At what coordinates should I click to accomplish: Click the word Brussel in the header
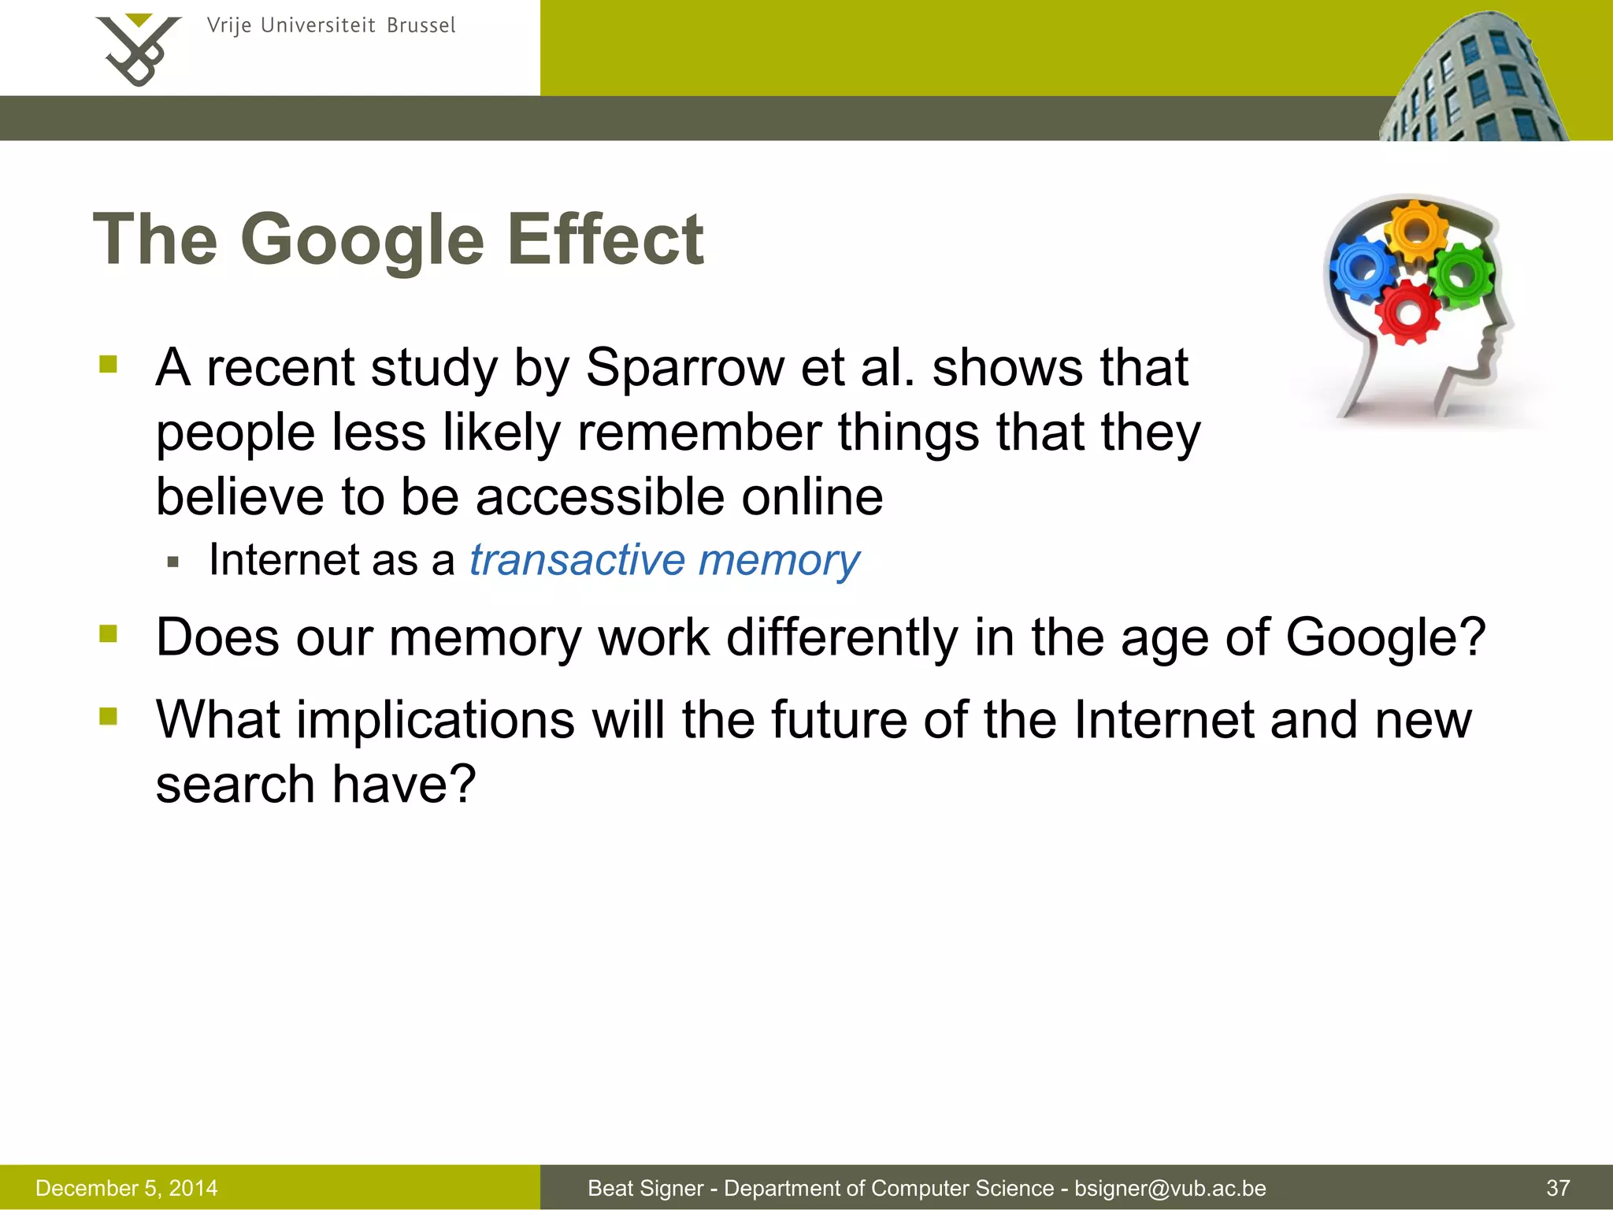[421, 26]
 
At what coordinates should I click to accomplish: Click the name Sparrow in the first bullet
[684, 368]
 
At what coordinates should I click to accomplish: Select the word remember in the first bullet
[699, 432]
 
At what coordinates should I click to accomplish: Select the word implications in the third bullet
[436, 720]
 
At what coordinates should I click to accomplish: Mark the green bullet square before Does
[109, 633]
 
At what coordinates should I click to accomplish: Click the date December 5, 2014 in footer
[127, 1188]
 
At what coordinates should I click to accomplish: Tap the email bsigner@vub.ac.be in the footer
[1170, 1188]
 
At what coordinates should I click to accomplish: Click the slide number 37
[1558, 1188]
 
